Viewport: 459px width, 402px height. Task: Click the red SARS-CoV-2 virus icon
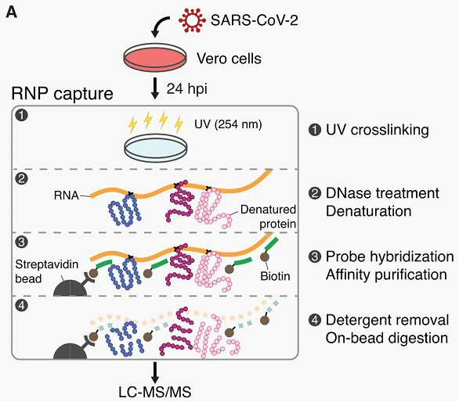[x=193, y=20]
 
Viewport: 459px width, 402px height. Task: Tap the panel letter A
[x=11, y=13]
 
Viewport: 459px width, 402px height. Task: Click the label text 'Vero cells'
[x=229, y=59]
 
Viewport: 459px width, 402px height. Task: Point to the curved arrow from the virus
[x=157, y=25]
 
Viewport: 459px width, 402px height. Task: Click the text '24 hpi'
[x=187, y=88]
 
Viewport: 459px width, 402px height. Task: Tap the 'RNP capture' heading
[x=62, y=94]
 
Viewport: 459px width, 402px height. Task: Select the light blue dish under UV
[x=156, y=148]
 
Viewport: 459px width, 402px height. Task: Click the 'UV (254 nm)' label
[x=228, y=124]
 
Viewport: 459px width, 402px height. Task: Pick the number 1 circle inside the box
[x=22, y=115]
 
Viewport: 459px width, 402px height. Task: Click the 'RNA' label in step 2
[x=66, y=196]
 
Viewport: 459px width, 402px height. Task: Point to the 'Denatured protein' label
[x=268, y=217]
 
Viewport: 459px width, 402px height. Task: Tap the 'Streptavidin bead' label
[x=47, y=271]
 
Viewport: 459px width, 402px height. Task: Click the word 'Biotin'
[x=275, y=276]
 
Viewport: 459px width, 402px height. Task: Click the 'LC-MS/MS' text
[x=155, y=392]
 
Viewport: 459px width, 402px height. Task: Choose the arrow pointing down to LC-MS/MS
[x=155, y=372]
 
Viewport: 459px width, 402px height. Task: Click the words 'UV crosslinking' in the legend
[x=378, y=130]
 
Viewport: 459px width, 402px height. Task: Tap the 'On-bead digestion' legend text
[x=387, y=339]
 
